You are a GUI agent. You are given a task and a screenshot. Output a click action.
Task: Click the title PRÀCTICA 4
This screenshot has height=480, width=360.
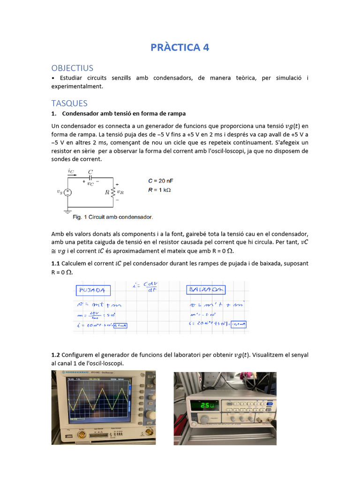pos(180,47)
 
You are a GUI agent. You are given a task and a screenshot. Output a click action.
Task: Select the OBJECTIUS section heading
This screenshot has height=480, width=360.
pos(72,68)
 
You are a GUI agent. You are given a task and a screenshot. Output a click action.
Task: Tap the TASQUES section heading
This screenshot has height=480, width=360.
pos(69,103)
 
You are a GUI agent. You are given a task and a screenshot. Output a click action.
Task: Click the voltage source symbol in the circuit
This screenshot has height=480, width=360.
pos(67,192)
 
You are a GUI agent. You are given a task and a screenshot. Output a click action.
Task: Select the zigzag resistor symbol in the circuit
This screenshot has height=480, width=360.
pos(112,192)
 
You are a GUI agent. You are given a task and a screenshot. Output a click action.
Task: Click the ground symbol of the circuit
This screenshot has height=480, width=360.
pos(67,212)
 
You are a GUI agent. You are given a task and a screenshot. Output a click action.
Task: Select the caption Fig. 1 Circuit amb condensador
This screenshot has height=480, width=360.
pos(113,217)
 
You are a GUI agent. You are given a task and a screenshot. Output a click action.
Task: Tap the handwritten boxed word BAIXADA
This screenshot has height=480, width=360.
pos(206,289)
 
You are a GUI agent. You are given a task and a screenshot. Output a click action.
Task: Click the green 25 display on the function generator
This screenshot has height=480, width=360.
pos(205,404)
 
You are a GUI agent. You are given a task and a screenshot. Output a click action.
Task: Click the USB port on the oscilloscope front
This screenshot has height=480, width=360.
pos(70,436)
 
